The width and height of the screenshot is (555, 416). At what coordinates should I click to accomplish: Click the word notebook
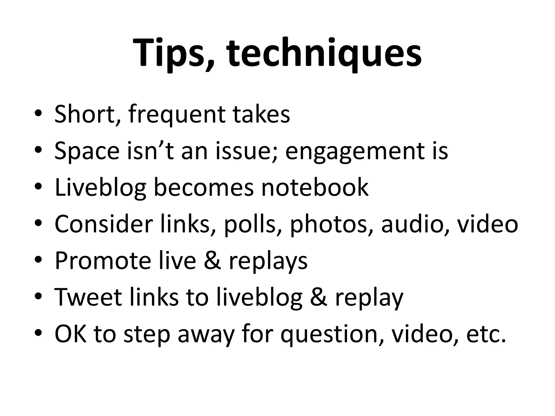pyautogui.click(x=315, y=187)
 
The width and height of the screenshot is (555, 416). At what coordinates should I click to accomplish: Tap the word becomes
pyautogui.click(x=204, y=187)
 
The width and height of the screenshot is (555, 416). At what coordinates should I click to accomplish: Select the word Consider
pyautogui.click(x=104, y=224)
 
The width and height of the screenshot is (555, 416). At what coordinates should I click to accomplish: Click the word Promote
pyautogui.click(x=103, y=261)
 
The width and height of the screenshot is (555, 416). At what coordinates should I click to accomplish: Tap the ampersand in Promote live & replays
pyautogui.click(x=212, y=261)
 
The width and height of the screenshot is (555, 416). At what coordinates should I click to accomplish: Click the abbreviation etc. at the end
pyautogui.click(x=486, y=334)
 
